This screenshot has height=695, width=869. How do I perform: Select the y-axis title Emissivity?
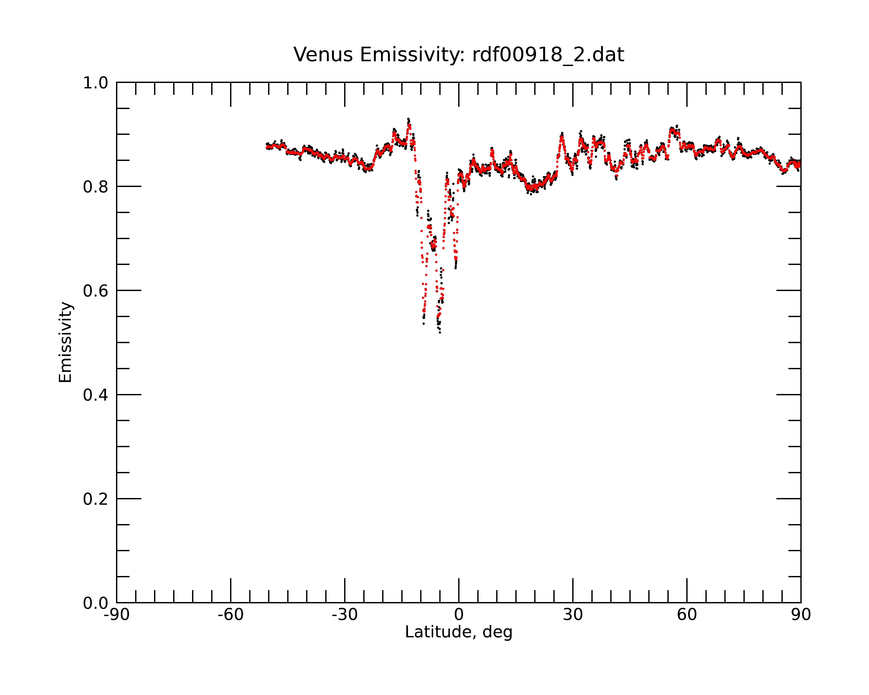tap(65, 342)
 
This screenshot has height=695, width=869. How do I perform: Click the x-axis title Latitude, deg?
tap(459, 632)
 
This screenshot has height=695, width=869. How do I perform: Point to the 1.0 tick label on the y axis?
tap(96, 83)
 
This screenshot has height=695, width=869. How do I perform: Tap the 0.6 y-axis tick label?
tap(96, 291)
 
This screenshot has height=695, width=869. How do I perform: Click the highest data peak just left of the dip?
tap(408, 119)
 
